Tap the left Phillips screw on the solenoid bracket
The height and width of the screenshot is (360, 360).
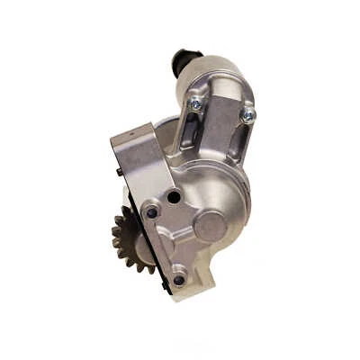coord(194,104)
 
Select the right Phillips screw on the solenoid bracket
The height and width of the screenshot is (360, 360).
coord(248,114)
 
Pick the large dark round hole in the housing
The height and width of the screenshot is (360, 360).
coord(173,195)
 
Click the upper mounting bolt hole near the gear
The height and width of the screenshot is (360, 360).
coord(152,212)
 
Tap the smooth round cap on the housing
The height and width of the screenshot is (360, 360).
coord(210,226)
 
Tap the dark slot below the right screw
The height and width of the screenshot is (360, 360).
coord(235,144)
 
